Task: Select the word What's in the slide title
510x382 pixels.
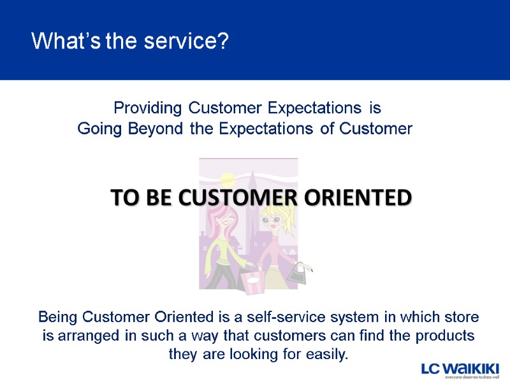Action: (67, 41)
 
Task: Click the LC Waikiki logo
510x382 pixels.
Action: (460, 369)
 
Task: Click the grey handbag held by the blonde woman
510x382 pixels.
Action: (297, 274)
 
